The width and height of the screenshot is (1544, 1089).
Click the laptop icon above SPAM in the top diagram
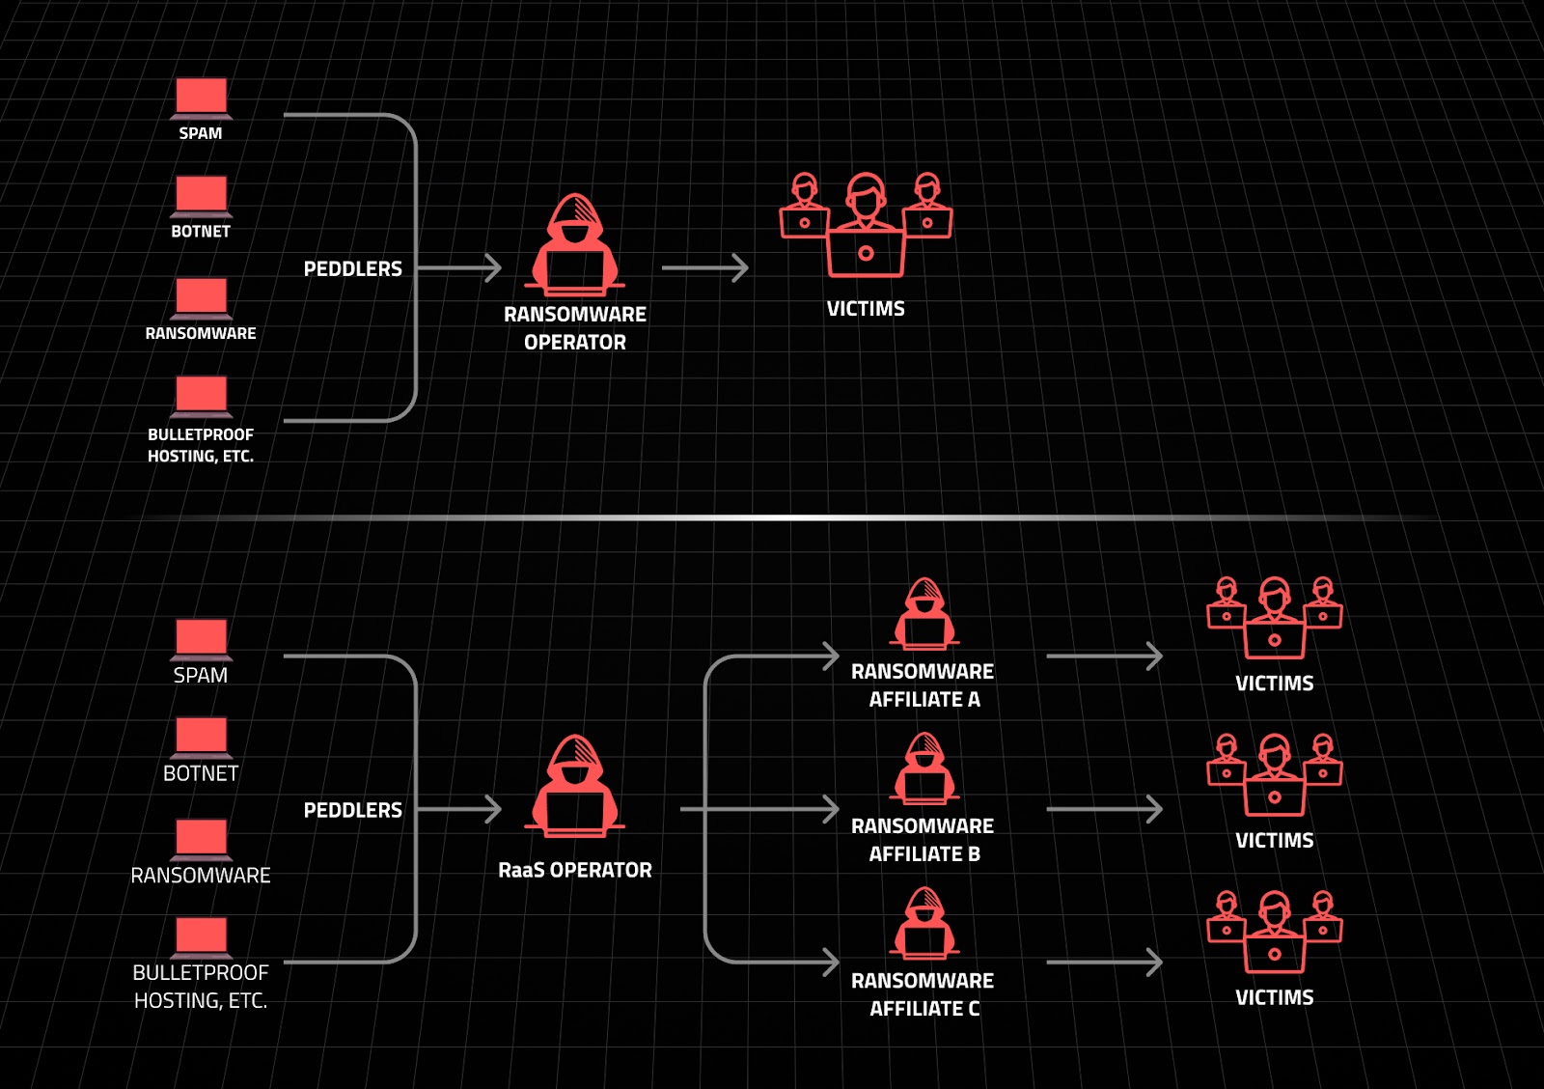[x=202, y=98]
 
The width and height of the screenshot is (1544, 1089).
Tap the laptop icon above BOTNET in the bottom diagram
[x=202, y=738]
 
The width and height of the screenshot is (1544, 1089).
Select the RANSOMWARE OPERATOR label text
[x=575, y=328]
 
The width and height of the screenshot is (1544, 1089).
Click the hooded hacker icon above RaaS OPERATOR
[x=575, y=786]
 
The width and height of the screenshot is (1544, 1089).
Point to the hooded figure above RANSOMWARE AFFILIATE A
[x=924, y=614]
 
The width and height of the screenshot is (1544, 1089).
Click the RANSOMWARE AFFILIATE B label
[x=923, y=839]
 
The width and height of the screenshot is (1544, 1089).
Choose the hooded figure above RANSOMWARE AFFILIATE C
[x=924, y=923]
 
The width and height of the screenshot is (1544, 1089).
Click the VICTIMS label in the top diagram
[x=866, y=308]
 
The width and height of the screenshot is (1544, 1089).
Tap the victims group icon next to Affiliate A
[x=1275, y=618]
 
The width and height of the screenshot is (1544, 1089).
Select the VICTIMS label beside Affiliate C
[x=1275, y=997]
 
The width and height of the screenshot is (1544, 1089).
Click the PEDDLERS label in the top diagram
[x=353, y=268]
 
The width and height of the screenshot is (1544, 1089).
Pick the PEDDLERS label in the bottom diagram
[x=353, y=810]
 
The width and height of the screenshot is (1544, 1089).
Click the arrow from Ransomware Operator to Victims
[x=705, y=267]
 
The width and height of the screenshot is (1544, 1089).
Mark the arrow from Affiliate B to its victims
[x=1105, y=809]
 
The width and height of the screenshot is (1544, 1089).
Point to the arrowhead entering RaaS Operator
[x=493, y=809]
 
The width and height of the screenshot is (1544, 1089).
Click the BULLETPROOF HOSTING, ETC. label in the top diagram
[x=201, y=445]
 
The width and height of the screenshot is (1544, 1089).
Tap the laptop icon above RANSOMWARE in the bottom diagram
[x=202, y=840]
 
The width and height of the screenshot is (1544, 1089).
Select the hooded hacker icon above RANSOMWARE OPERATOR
[x=575, y=245]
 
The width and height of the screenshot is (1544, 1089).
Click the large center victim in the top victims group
[x=866, y=225]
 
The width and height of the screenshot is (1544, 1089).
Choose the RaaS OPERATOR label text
[x=575, y=871]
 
